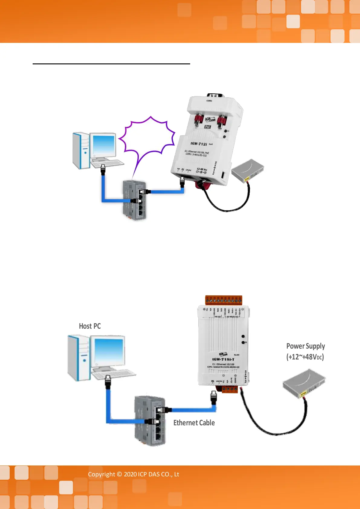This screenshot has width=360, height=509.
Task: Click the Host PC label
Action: [90, 326]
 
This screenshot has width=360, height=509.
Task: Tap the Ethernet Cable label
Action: [194, 423]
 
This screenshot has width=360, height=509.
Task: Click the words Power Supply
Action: [306, 346]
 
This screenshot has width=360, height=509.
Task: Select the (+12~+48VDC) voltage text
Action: [305, 357]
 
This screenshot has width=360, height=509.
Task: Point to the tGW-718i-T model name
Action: [223, 359]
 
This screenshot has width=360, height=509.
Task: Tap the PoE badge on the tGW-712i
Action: [207, 127]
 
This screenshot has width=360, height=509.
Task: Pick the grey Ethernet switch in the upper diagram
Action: [135, 200]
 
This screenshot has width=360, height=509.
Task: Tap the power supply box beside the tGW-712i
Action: [248, 171]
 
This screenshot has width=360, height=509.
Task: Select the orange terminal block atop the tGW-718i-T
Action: [224, 300]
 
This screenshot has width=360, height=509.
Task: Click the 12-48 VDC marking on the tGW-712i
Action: [202, 169]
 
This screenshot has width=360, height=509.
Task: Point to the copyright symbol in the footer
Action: [119, 474]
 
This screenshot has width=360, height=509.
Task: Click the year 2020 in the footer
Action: [130, 474]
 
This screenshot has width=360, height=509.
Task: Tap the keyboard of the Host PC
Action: [114, 375]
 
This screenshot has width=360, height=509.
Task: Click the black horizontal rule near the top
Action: [111, 64]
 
